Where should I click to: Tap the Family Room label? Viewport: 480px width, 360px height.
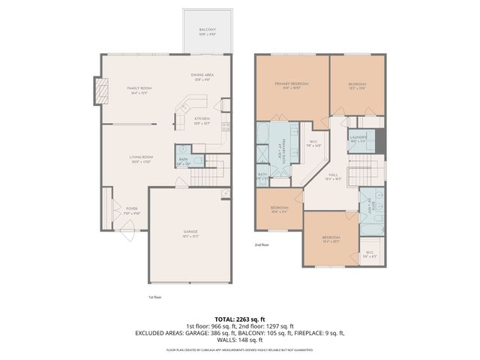pyautogui.click(x=139, y=89)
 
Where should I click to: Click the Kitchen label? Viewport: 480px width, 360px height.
pyautogui.click(x=202, y=120)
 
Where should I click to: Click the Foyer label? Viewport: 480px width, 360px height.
pyautogui.click(x=131, y=211)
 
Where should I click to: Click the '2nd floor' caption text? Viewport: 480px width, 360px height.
pyautogui.click(x=262, y=244)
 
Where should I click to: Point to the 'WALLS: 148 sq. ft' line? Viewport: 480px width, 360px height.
pyautogui.click(x=240, y=339)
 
